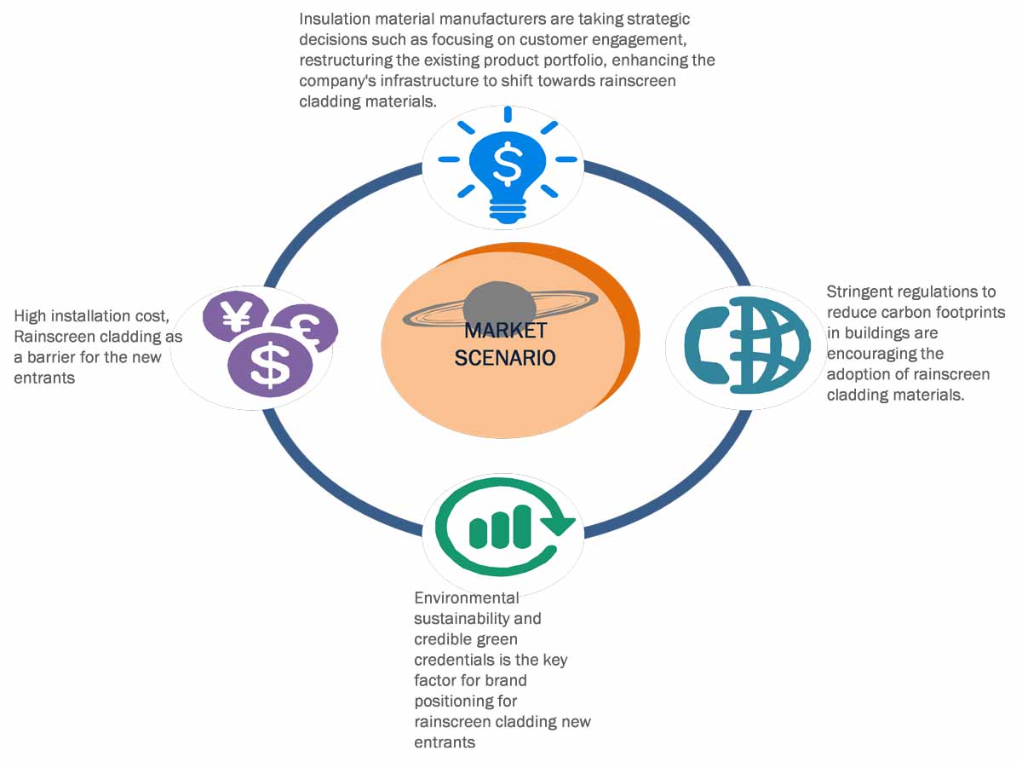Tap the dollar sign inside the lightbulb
(507, 165)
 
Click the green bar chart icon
(501, 527)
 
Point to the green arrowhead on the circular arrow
(558, 522)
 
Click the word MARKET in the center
(505, 331)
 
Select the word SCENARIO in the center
(505, 358)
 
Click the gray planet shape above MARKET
(500, 303)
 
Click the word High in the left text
(31, 316)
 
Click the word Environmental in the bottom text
(466, 597)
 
